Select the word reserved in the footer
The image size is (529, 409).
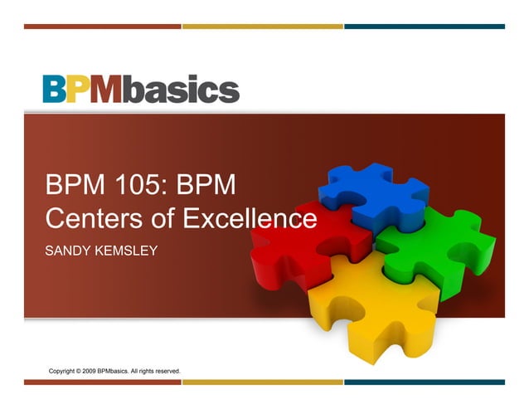pyautogui.click(x=165, y=370)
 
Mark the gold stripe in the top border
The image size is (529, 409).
pyautogui.click(x=262, y=27)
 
